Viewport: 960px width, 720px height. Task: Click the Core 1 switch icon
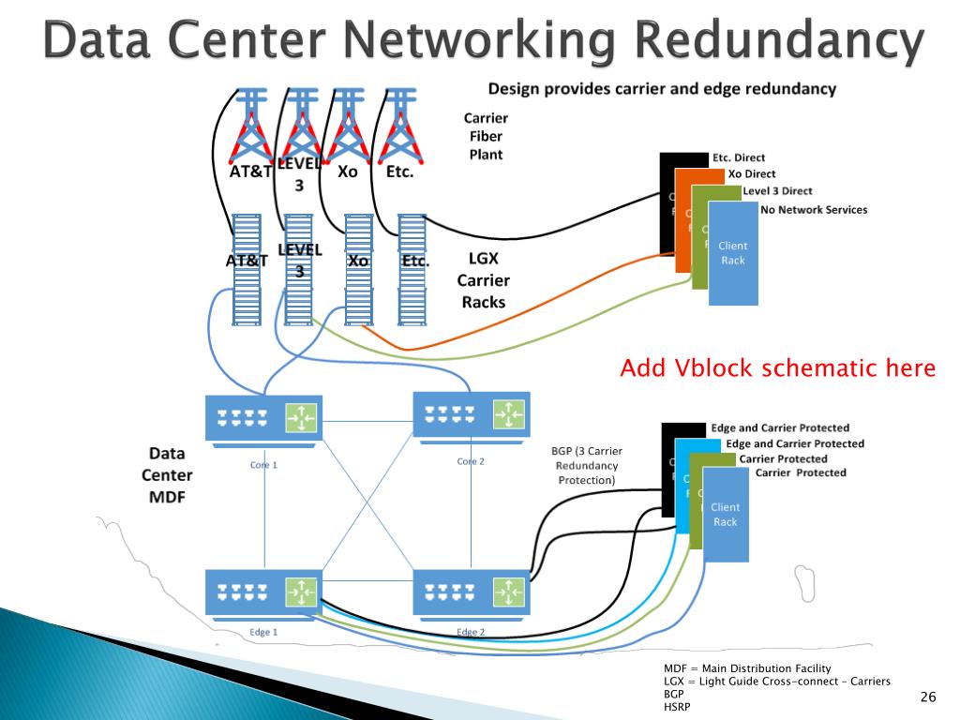[263, 416]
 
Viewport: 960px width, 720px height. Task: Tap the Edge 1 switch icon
[263, 591]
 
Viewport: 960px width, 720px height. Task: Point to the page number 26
[928, 696]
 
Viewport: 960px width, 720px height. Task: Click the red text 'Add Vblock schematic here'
[777, 368]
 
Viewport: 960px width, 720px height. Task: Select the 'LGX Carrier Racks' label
[483, 280]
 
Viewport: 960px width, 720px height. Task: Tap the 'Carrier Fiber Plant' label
[486, 136]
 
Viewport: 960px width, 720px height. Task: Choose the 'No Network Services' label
[814, 210]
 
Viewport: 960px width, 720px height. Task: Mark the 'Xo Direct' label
[752, 173]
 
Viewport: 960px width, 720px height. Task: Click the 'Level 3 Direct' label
[777, 191]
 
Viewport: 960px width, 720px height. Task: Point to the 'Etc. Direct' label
[739, 157]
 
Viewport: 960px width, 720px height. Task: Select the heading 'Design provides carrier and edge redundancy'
[662, 89]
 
